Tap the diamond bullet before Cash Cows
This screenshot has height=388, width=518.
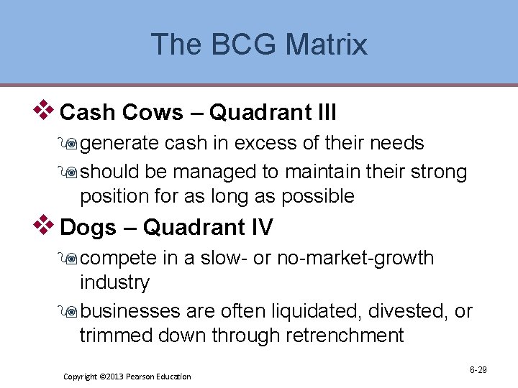pos(46,110)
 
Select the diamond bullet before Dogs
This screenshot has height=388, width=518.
pos(46,225)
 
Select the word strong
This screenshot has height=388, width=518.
pos(436,172)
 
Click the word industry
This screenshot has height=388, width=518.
pos(114,282)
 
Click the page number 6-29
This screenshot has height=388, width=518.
pos(478,370)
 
